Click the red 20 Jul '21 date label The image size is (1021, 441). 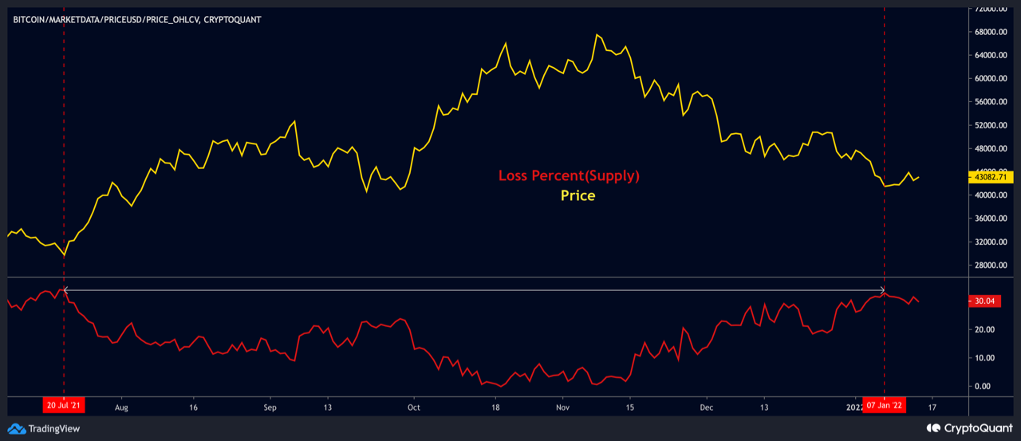coord(63,406)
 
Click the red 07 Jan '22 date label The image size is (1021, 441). coord(884,406)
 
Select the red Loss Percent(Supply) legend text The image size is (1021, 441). coord(569,175)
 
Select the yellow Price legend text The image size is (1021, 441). coord(578,195)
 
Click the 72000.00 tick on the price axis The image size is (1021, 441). coord(989,9)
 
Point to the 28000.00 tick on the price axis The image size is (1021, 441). coord(989,266)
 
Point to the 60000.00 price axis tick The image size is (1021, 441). coord(989,79)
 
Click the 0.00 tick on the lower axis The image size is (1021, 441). coord(984,386)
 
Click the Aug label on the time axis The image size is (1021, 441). coord(121,406)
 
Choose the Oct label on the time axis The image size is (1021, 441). coord(413,406)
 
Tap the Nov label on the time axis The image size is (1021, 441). coord(562,406)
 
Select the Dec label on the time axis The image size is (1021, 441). coord(707,406)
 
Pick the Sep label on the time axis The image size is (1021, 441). coord(270,406)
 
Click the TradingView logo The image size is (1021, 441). coord(46,429)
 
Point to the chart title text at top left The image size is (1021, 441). coord(137,19)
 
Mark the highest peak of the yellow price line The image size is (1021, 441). coord(597,35)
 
